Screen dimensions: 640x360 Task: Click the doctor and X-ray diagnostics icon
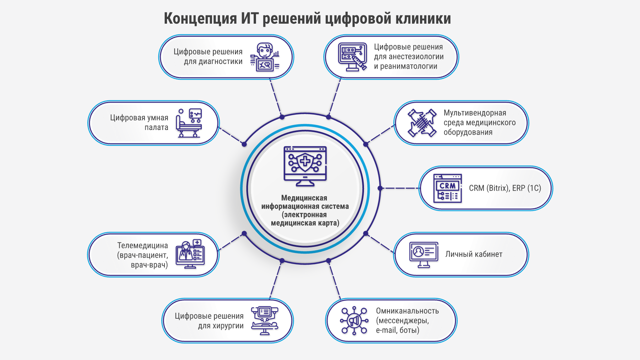pos(265,57)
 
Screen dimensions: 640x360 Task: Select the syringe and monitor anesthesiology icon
pos(352,57)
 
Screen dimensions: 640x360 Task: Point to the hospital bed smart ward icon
pos(189,123)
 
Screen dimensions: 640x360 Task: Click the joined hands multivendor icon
pos(422,123)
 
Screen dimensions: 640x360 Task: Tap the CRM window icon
pos(447,188)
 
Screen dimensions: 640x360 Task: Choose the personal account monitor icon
pos(424,255)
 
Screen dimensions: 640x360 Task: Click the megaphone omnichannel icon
pos(354,321)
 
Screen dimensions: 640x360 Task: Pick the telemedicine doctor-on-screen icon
pos(190,254)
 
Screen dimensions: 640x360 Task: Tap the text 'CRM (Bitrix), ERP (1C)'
pos(505,188)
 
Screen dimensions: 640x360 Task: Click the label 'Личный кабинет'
pos(474,254)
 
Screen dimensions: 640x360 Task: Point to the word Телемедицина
pos(143,246)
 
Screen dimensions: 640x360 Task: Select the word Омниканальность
pos(407,311)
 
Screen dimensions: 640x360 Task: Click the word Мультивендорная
pos(475,113)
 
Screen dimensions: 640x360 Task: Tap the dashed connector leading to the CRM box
pos(400,188)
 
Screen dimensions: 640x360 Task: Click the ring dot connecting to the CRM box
pos(380,188)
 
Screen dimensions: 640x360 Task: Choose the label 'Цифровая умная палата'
pos(139,122)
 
